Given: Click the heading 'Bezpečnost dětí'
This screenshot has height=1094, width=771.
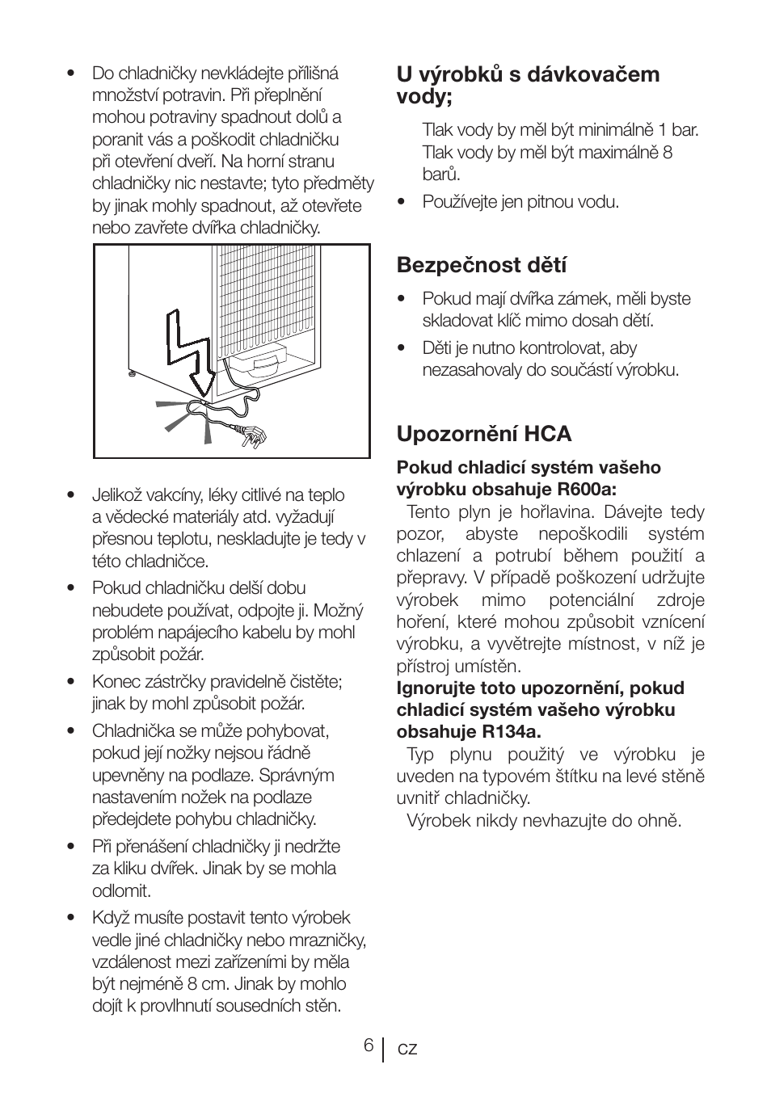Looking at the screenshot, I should (x=481, y=265).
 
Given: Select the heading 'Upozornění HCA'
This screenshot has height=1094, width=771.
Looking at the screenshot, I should (x=483, y=434).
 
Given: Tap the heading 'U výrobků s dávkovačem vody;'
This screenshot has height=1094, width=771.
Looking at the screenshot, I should (x=527, y=85).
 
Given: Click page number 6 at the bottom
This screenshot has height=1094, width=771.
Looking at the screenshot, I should (x=368, y=1046).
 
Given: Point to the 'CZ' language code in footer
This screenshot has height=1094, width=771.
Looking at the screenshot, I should (x=407, y=1049).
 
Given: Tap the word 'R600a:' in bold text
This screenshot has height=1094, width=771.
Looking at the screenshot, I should (x=587, y=489).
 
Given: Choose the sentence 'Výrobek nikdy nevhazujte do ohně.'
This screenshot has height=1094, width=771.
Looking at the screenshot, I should (x=543, y=820).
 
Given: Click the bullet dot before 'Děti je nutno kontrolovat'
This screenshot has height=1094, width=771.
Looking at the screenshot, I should (x=401, y=348).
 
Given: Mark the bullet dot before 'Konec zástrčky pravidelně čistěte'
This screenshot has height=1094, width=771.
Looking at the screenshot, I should (x=71, y=682).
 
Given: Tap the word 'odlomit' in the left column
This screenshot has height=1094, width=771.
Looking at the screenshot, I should (x=120, y=890).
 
